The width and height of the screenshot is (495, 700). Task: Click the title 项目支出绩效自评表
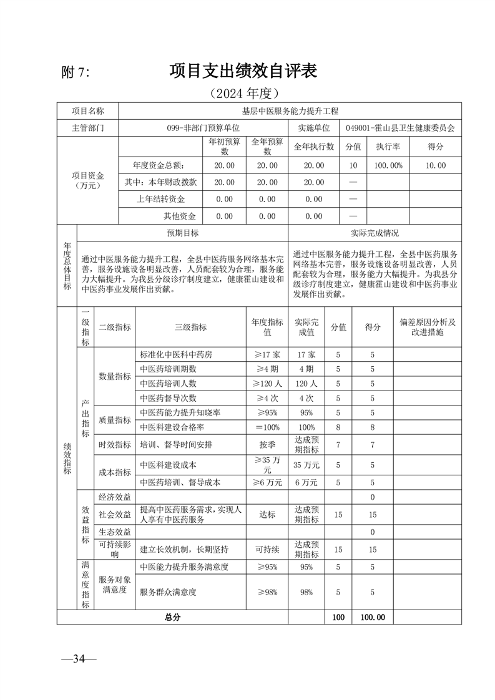243,71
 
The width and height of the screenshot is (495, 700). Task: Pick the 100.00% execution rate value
388,165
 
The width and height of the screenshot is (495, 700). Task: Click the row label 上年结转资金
161,199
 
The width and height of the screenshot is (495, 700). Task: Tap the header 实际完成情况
375,233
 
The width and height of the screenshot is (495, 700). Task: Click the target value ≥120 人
267,383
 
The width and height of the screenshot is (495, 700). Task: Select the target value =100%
267,427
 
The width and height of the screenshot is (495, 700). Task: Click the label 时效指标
115,445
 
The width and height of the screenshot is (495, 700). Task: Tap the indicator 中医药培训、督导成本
181,482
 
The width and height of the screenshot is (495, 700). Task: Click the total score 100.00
373,617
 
